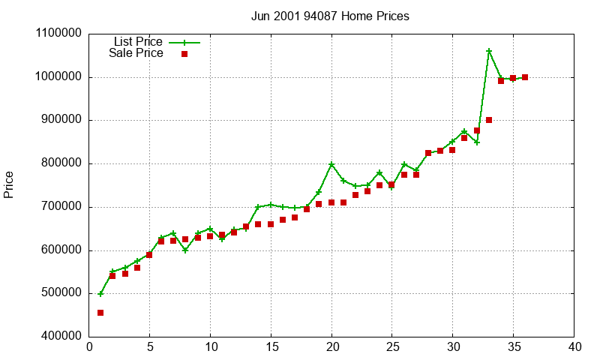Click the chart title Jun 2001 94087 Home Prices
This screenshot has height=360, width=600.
330,16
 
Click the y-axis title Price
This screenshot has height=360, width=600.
9,184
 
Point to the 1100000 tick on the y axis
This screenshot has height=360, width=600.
58,34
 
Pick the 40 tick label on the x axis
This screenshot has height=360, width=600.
574,347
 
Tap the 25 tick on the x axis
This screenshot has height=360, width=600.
391,347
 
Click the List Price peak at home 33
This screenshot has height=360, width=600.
489,51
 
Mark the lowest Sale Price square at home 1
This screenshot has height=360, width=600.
100,313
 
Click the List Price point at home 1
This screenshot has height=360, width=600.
100,294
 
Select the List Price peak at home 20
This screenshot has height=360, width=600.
331,164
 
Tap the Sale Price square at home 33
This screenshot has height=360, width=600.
489,120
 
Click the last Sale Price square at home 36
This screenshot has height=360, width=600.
525,77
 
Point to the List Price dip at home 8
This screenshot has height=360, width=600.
185,250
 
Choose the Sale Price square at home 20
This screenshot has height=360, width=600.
331,202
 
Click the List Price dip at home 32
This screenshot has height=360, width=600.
476,142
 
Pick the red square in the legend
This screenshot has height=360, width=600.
184,54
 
